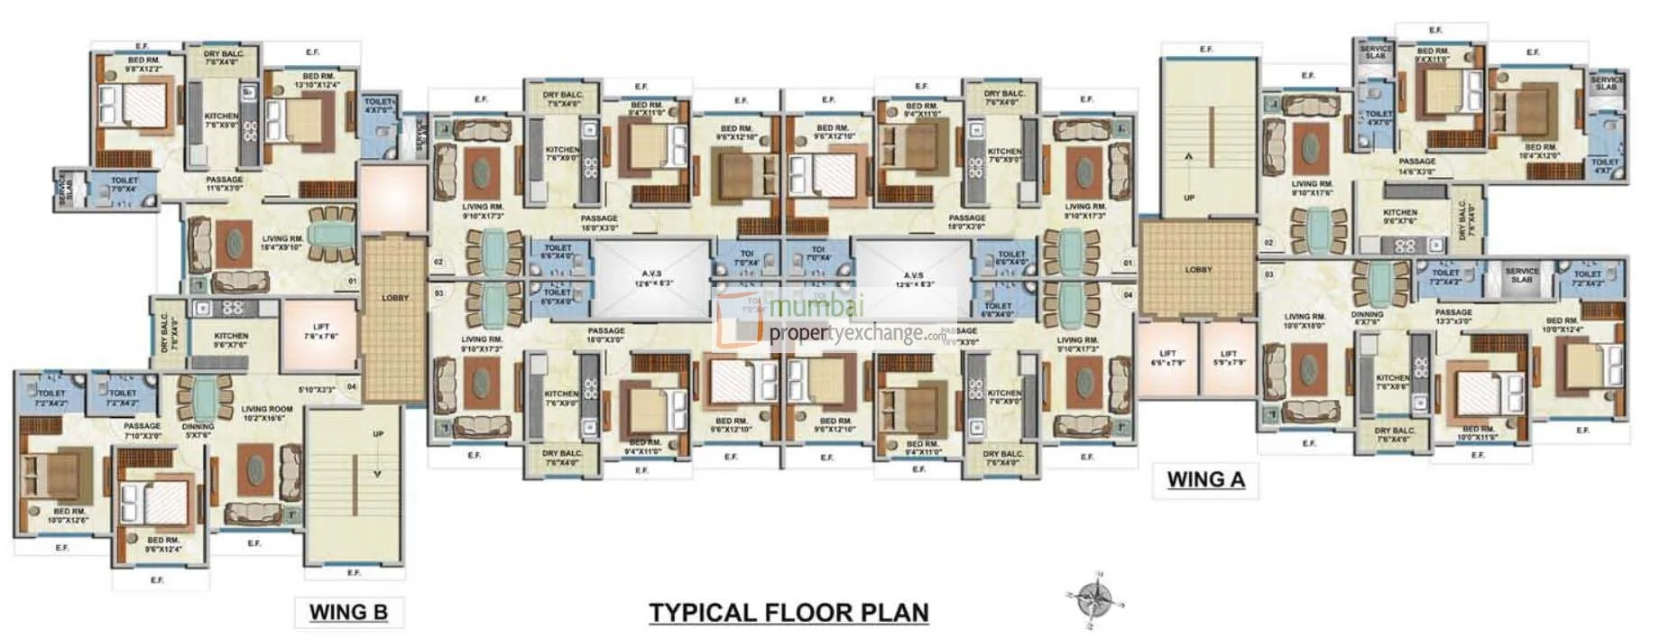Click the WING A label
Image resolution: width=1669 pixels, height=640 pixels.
click(1205, 479)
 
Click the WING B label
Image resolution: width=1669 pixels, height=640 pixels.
click(348, 612)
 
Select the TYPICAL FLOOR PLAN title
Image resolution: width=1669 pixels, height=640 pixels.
click(788, 613)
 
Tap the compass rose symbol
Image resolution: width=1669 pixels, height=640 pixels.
click(1098, 598)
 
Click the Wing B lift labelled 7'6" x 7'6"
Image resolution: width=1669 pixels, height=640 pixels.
click(321, 332)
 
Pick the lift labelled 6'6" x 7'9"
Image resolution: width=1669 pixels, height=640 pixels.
click(1167, 357)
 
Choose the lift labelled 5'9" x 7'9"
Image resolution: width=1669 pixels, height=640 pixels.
click(1228, 357)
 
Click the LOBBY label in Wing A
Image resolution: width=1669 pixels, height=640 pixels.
click(1198, 270)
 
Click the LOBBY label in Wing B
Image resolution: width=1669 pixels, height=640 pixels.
click(395, 298)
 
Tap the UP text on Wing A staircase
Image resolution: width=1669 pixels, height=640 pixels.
click(1188, 197)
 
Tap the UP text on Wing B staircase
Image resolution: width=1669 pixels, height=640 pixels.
click(378, 434)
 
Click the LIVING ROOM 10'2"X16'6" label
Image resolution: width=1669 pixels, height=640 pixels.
click(267, 413)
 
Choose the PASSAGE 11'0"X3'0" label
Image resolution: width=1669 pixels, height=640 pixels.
click(224, 184)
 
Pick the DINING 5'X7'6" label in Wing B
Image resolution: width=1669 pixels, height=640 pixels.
click(198, 431)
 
